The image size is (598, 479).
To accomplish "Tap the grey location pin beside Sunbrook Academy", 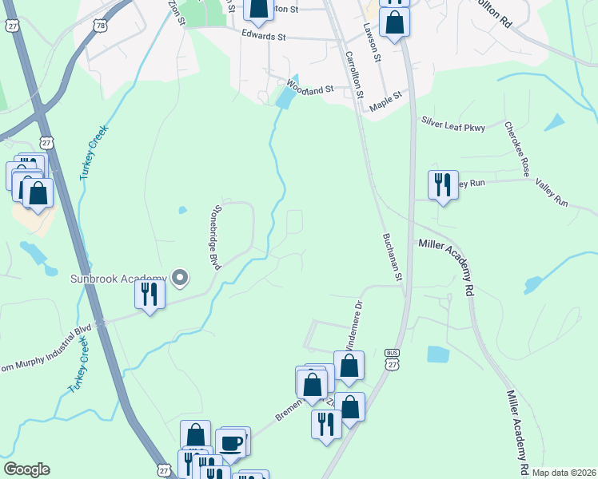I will point(180,278).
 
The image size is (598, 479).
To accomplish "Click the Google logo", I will point(26,469).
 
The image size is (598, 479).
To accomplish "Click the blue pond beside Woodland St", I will point(284,99).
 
